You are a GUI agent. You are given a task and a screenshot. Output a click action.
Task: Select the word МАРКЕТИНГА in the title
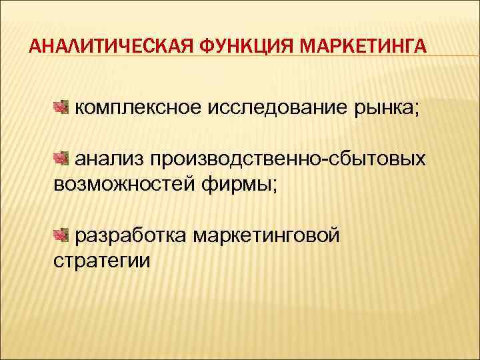pyautogui.click(x=363, y=47)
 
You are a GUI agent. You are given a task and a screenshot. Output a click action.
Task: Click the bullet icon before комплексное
pyautogui.click(x=61, y=107)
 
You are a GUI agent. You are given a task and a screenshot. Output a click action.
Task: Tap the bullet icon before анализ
pyautogui.click(x=61, y=158)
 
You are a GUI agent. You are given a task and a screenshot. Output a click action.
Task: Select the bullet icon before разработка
pyautogui.click(x=61, y=234)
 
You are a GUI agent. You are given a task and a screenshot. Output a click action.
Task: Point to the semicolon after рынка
pyautogui.click(x=417, y=109)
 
